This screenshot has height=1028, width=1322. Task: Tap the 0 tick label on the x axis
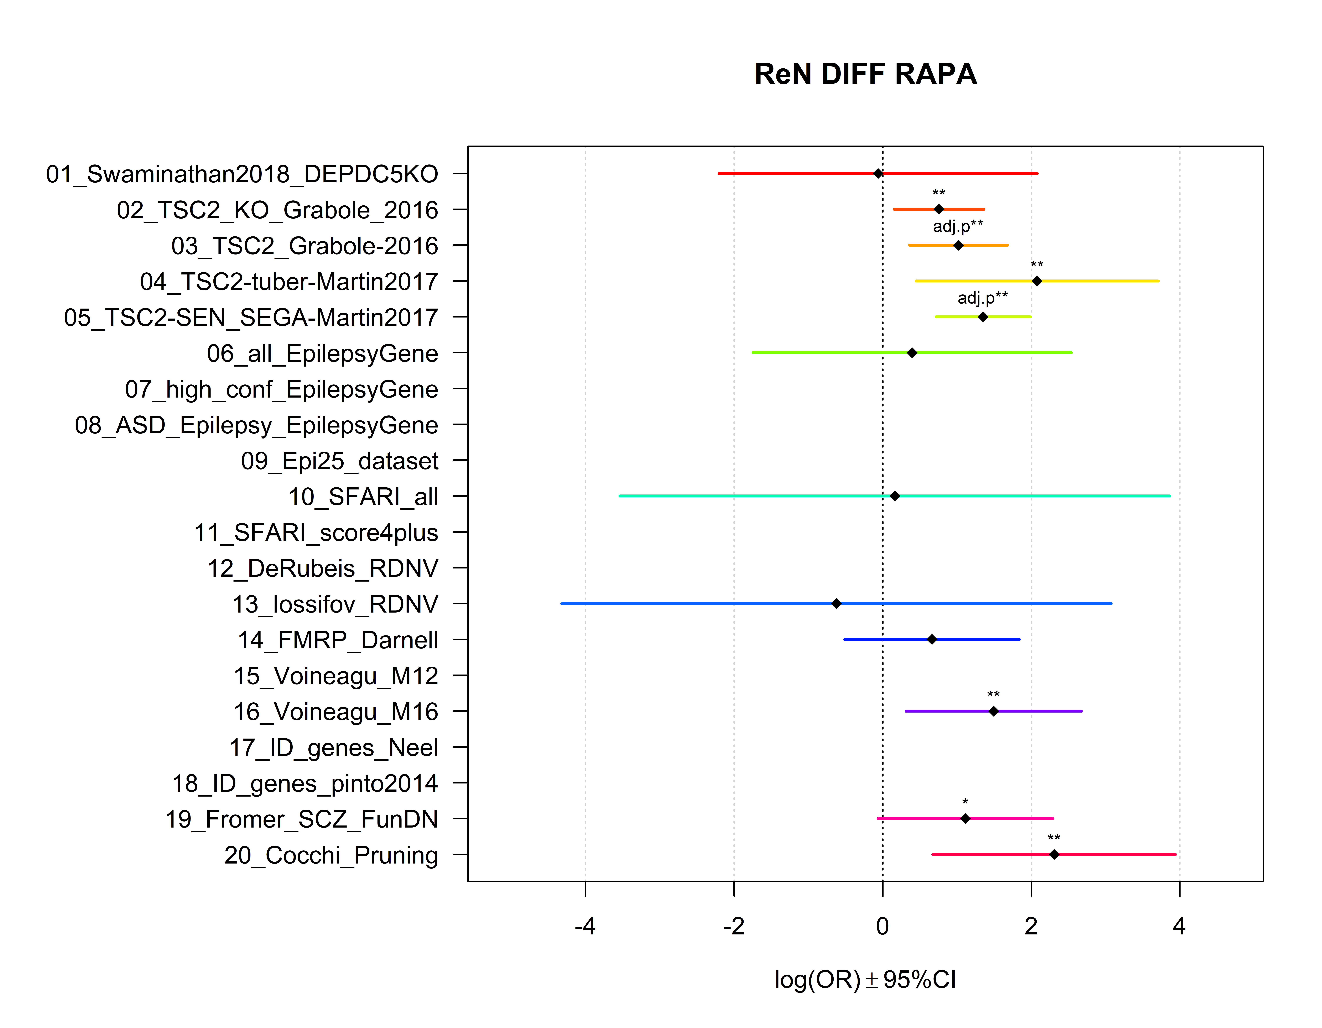coord(883,926)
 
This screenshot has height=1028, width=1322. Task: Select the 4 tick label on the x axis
coord(1179,926)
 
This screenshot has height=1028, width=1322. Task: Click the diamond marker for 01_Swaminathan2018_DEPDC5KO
coord(878,174)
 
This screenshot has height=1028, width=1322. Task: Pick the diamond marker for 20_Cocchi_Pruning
coord(1054,854)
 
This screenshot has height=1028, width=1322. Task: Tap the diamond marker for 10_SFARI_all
coord(895,496)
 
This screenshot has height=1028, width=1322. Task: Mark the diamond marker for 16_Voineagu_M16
coord(993,711)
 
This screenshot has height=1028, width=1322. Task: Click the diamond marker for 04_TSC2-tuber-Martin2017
coord(1037,281)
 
